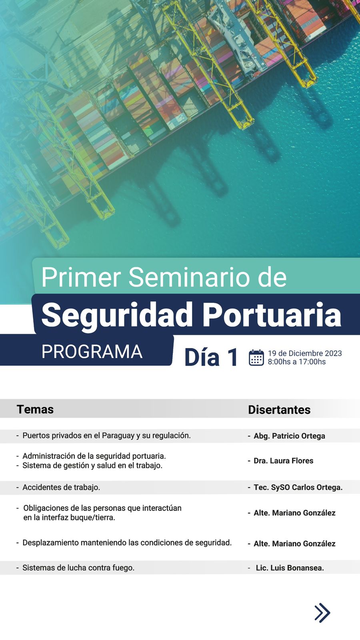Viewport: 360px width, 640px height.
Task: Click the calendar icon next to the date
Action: (256, 358)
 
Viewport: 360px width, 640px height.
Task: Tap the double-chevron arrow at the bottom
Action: (322, 613)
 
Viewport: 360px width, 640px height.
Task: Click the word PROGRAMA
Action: (92, 352)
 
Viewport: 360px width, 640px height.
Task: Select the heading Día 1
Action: (211, 357)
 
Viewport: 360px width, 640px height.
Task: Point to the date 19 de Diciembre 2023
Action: (305, 353)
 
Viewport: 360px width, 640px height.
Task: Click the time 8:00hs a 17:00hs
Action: (296, 362)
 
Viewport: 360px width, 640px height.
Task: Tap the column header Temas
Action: (35, 410)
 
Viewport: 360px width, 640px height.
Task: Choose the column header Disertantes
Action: (279, 410)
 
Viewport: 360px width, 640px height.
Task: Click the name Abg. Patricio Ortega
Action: (290, 436)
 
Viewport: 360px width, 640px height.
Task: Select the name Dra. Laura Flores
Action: (284, 460)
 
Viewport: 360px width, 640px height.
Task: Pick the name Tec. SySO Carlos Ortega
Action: (298, 488)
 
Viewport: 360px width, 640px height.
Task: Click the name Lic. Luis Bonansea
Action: (290, 568)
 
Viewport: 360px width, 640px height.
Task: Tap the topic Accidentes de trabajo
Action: (61, 488)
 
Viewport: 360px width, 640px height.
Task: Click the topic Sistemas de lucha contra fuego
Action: (78, 568)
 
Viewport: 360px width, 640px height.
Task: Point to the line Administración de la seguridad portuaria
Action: (94, 456)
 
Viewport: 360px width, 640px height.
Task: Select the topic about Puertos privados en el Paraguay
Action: (106, 436)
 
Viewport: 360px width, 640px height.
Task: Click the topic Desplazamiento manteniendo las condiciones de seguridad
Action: (127, 542)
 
